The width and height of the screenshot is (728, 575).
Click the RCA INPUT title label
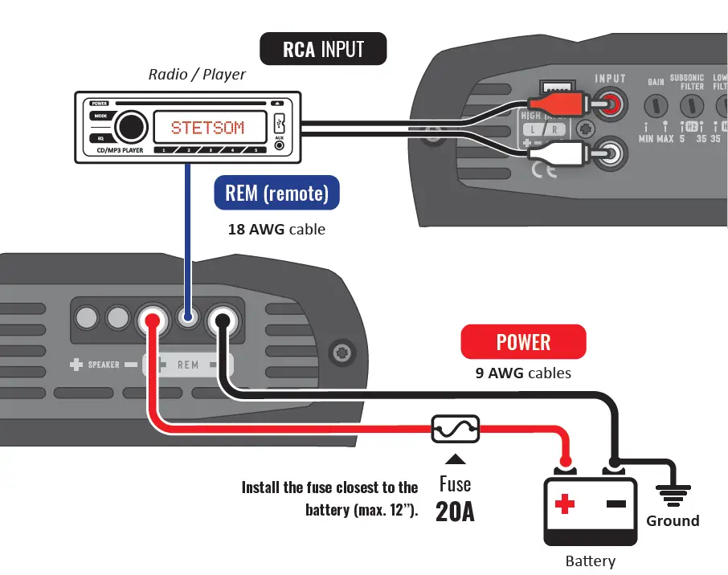click(322, 50)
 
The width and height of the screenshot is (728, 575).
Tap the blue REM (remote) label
click(276, 194)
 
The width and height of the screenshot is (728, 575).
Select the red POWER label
click(523, 342)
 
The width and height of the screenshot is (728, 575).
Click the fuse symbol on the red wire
click(456, 429)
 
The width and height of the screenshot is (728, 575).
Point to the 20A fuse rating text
click(455, 512)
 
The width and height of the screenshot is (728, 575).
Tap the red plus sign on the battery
click(566, 504)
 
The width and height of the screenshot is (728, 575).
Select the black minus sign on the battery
click(616, 504)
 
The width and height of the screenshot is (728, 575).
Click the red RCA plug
click(554, 104)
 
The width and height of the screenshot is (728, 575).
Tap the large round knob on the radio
click(130, 127)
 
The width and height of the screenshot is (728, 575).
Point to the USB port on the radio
click(279, 124)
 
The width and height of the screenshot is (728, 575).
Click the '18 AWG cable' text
click(276, 229)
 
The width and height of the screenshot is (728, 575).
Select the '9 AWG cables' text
click(523, 373)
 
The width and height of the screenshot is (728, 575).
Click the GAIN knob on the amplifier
click(657, 105)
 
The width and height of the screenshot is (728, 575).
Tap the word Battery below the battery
click(591, 561)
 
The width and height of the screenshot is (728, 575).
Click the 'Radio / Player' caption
click(197, 75)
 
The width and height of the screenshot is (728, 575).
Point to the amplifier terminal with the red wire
click(150, 321)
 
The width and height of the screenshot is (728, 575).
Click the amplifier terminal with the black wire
click(221, 321)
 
